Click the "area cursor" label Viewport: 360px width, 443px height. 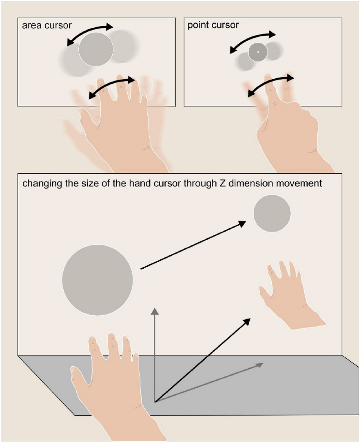[x=47, y=25]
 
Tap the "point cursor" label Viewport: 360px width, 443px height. [x=213, y=25]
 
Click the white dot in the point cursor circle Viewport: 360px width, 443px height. [x=258, y=52]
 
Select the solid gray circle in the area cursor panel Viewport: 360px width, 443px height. [x=96, y=49]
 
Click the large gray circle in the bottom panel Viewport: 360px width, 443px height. [x=98, y=280]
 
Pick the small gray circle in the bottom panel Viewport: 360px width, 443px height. [x=272, y=213]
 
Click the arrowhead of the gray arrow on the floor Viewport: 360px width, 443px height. [x=259, y=365]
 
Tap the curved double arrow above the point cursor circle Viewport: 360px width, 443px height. [x=253, y=40]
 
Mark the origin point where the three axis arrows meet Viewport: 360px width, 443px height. [x=155, y=401]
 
